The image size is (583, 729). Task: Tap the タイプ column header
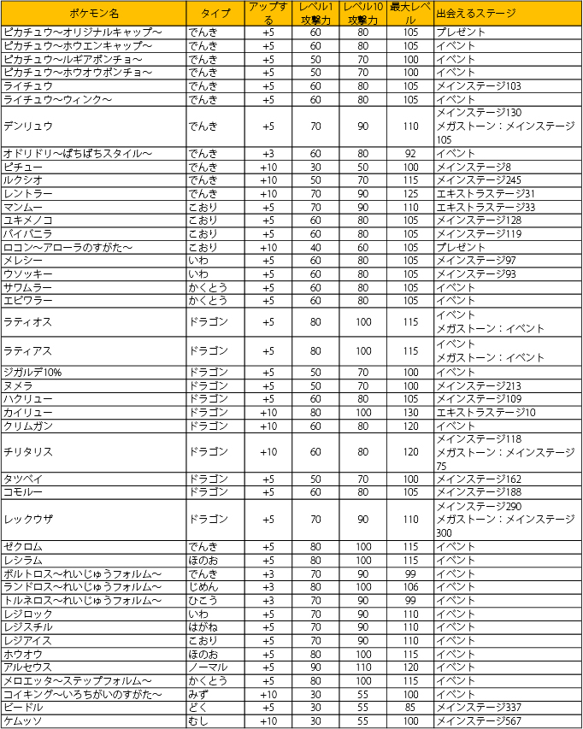215,14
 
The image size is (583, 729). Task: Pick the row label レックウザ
28,519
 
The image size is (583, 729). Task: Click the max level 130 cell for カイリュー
410,412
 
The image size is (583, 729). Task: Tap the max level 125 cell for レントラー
410,193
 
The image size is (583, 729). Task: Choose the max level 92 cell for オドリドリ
410,153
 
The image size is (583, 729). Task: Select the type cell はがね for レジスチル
203,626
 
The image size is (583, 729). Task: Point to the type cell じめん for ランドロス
203,586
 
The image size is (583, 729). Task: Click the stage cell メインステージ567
478,721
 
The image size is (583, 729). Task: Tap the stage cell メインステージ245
478,179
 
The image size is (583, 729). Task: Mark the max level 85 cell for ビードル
410,708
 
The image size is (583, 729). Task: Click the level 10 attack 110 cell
363,667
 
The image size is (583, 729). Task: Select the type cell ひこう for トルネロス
203,600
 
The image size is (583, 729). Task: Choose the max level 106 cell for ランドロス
410,586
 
